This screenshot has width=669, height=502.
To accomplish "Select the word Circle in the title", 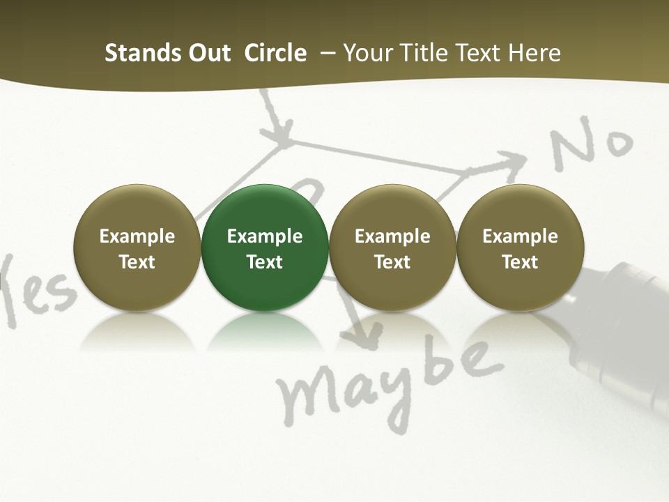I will click(x=275, y=53).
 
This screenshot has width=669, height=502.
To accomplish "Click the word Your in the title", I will click(x=367, y=53).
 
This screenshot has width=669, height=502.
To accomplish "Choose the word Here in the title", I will click(x=535, y=53).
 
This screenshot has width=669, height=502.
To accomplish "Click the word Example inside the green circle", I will click(x=265, y=236).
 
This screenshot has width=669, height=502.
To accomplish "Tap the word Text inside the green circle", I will click(x=265, y=262).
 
